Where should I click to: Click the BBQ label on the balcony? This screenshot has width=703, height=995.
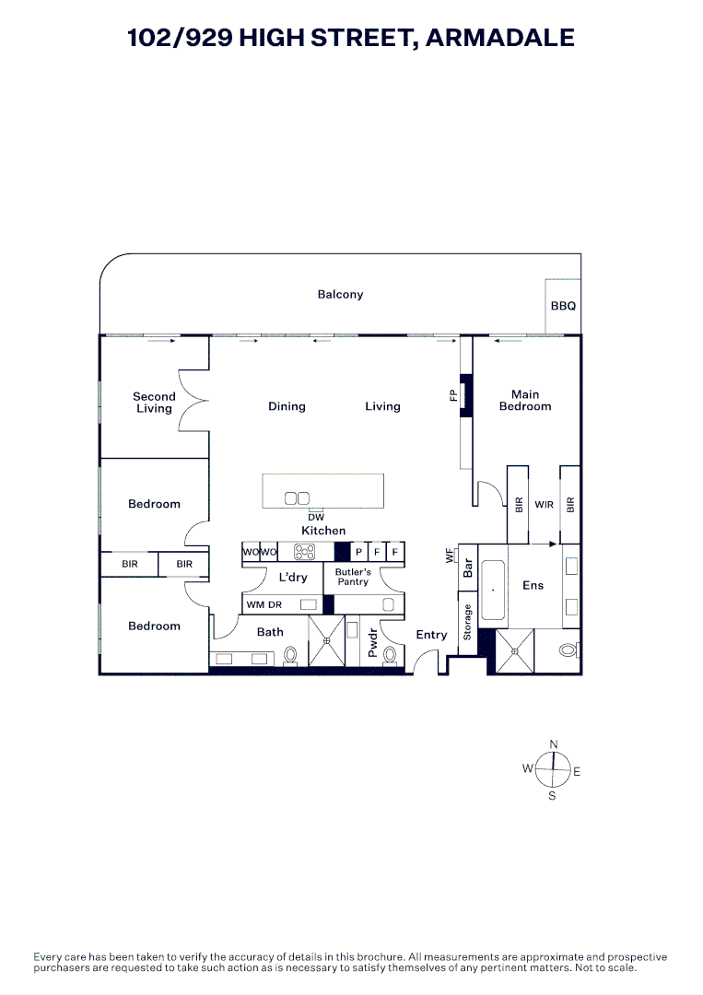[x=563, y=306]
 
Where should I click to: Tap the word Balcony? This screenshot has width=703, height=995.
[x=340, y=295]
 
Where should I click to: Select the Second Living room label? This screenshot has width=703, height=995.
[x=154, y=403]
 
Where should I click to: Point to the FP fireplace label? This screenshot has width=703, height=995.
[x=453, y=396]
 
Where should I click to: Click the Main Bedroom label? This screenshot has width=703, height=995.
[x=525, y=401]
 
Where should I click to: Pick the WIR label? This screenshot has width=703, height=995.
[x=544, y=505]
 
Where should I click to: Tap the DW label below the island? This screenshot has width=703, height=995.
[x=316, y=518]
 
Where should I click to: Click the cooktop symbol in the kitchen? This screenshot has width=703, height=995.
[x=305, y=552]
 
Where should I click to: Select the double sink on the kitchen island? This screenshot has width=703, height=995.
[x=297, y=498]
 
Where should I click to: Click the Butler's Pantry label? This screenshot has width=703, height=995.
[x=353, y=577]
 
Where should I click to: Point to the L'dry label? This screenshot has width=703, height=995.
[x=293, y=578]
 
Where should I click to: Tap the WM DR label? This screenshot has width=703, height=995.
[x=264, y=604]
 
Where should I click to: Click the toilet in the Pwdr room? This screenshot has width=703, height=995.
[x=390, y=654]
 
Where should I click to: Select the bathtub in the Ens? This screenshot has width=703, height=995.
[x=493, y=589]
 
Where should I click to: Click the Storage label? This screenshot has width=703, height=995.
[x=468, y=622]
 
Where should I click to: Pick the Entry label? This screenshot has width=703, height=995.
[x=431, y=635]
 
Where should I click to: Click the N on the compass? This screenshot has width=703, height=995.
[x=554, y=744]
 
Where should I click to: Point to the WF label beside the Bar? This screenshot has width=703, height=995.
[x=450, y=556]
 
